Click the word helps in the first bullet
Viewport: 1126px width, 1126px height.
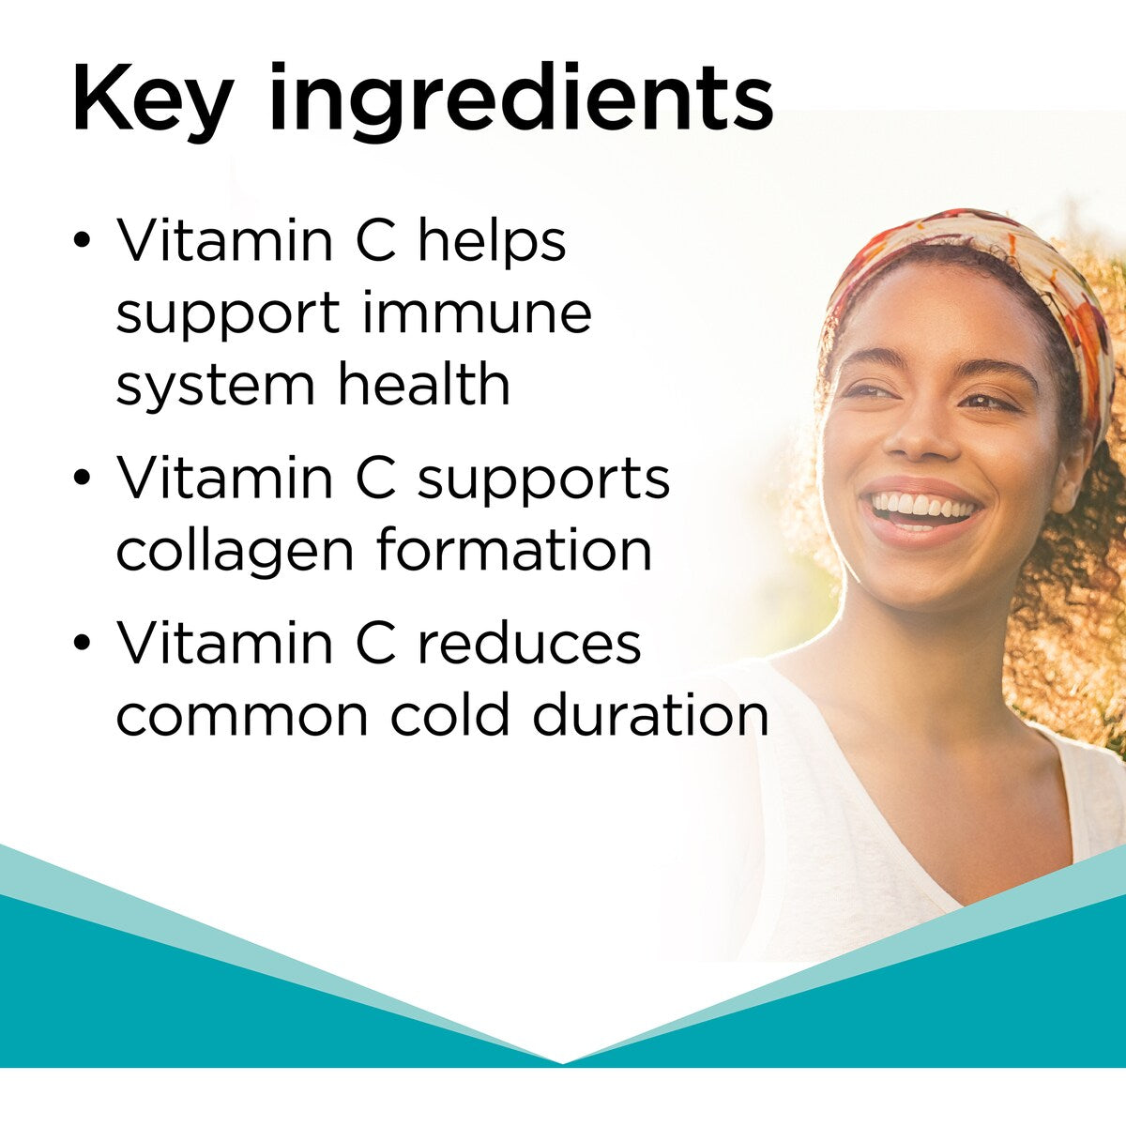(492, 241)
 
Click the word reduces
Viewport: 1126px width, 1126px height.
(529, 644)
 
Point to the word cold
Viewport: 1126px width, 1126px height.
(452, 715)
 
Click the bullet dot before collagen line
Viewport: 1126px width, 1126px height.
(83, 478)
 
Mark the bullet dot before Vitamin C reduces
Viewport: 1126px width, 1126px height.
(83, 644)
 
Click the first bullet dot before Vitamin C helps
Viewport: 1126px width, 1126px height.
(83, 240)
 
